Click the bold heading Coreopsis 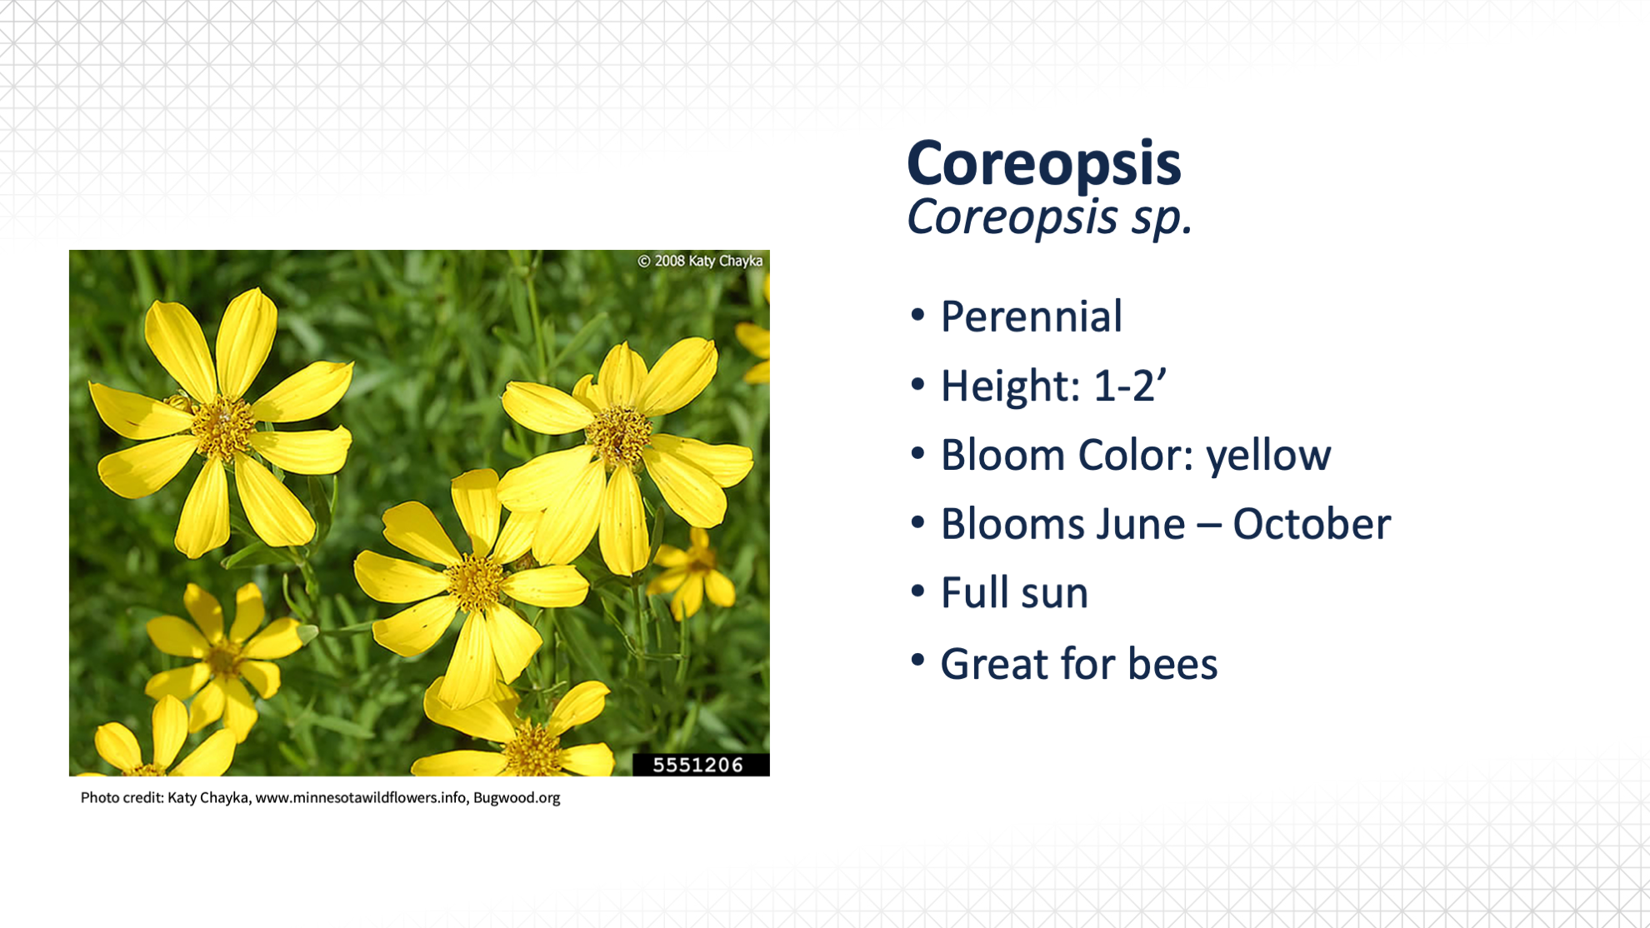tap(1043, 163)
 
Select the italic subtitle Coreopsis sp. tap(1049, 217)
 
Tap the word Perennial tap(1032, 317)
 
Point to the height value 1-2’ tap(1130, 386)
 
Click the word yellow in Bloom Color tap(1268, 457)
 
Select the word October tap(1312, 524)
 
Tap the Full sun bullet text tap(1014, 593)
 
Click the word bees tap(1172, 664)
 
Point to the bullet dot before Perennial tap(917, 316)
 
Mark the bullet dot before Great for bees tap(917, 661)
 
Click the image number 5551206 tap(697, 765)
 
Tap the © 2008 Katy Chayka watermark tap(700, 261)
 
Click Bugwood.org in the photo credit tap(517, 798)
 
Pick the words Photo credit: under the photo tap(122, 798)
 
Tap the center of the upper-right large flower tap(618, 435)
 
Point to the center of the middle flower tap(475, 581)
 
